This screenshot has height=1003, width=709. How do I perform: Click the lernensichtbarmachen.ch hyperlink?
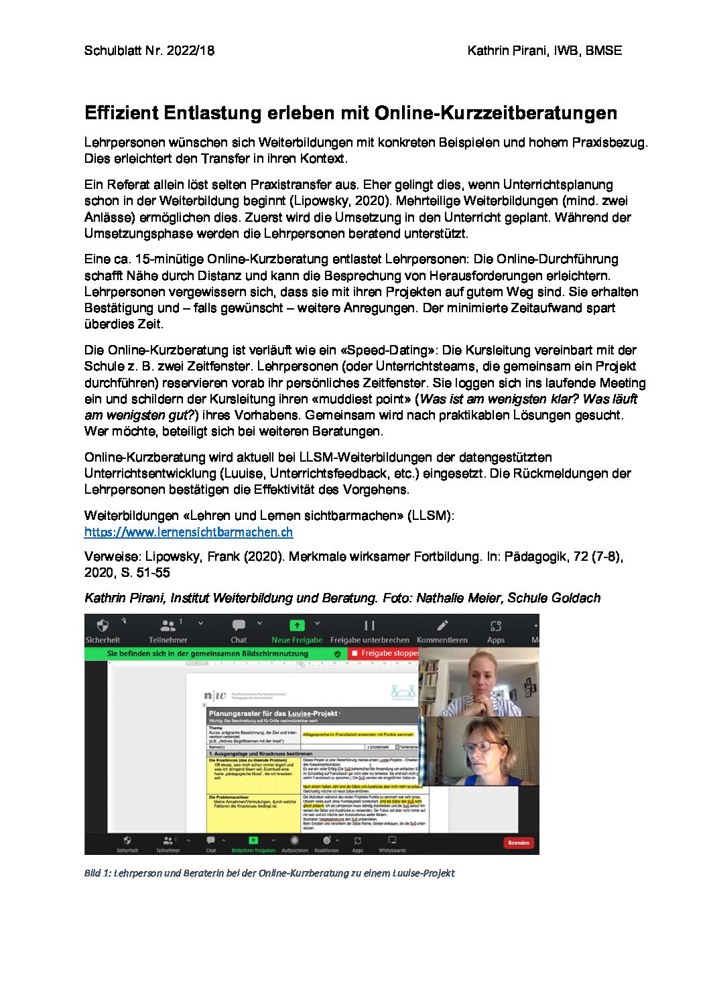pyautogui.click(x=188, y=532)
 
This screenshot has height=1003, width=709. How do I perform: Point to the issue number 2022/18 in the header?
pyautogui.click(x=190, y=50)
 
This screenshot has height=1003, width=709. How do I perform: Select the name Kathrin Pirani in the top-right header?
pyautogui.click(x=507, y=50)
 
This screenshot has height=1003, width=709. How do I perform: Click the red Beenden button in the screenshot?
pyautogui.click(x=519, y=843)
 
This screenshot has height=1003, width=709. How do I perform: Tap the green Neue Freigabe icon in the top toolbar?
pyautogui.click(x=296, y=626)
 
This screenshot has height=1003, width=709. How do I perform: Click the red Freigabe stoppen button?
pyautogui.click(x=384, y=653)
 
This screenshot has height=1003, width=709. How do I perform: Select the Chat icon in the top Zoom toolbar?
pyautogui.click(x=239, y=626)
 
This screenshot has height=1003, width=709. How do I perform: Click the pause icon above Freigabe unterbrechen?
pyautogui.click(x=369, y=626)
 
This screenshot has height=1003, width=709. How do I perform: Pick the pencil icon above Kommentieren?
pyautogui.click(x=442, y=626)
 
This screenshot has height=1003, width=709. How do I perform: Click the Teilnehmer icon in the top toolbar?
pyautogui.click(x=168, y=626)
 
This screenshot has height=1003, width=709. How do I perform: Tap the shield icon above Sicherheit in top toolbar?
pyautogui.click(x=103, y=626)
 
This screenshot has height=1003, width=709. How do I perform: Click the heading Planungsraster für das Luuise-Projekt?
pyautogui.click(x=273, y=714)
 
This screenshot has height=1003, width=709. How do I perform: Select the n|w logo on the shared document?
pyautogui.click(x=215, y=696)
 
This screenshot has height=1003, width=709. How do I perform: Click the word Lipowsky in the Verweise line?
pyautogui.click(x=174, y=556)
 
